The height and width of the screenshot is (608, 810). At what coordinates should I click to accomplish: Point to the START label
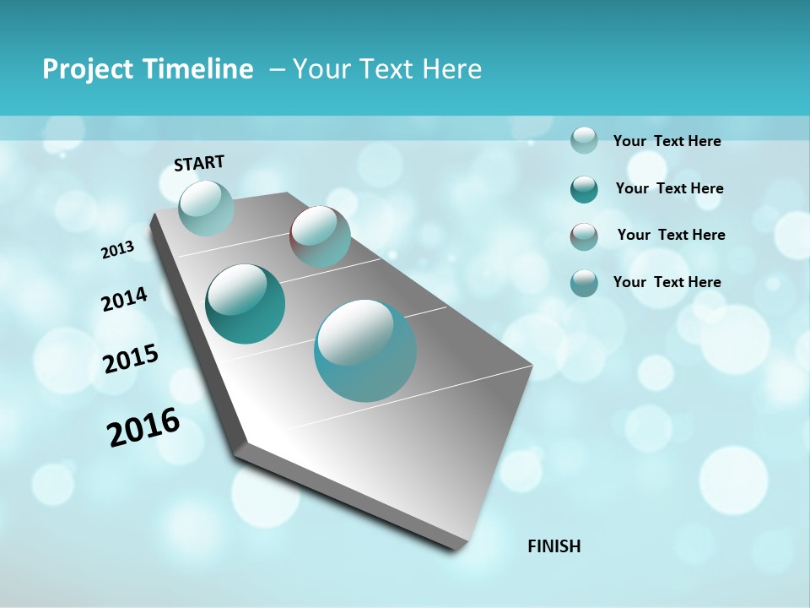point(199,163)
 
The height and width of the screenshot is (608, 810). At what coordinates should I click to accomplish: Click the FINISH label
point(553,546)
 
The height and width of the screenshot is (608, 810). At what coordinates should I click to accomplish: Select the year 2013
point(118,250)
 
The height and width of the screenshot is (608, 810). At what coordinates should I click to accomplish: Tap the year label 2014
point(124,300)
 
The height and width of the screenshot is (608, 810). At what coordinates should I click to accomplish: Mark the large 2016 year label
point(143,426)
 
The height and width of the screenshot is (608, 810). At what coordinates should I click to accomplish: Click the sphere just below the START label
point(206,208)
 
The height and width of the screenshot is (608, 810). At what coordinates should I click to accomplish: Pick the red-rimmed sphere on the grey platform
point(320,236)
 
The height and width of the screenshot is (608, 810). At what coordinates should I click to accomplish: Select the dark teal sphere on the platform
point(245,304)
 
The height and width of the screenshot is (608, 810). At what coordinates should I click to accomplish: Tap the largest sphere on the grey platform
point(365,350)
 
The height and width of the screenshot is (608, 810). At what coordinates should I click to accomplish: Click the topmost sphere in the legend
point(584,140)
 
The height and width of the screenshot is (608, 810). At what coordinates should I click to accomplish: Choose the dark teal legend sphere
point(584,189)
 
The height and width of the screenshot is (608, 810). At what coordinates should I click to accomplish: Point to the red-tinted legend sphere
point(584,236)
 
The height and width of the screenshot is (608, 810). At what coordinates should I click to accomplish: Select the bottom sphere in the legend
point(584,283)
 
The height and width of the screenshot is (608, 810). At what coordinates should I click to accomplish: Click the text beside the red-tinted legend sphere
point(671,235)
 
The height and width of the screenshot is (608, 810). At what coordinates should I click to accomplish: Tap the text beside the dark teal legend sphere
point(669,188)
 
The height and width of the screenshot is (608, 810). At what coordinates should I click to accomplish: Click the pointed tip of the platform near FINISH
point(460,547)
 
